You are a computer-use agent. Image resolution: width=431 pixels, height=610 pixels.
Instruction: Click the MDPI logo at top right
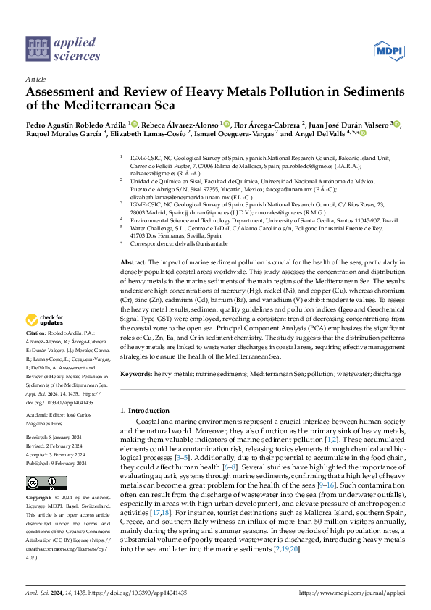[x=388, y=49]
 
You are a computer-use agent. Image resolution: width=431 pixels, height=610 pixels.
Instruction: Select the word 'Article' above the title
[x=35, y=78]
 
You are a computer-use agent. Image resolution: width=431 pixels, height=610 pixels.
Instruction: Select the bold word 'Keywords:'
[x=136, y=373]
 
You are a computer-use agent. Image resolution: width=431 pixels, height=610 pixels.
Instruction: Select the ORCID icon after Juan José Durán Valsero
[x=397, y=125]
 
